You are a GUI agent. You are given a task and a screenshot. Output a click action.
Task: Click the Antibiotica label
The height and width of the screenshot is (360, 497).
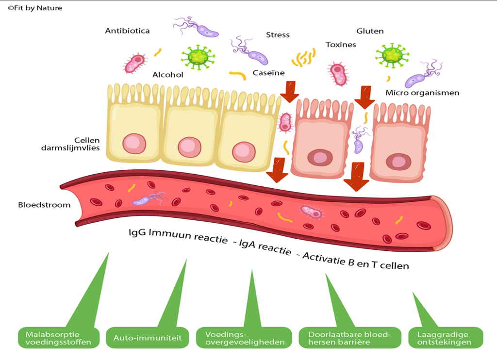[x=127, y=31]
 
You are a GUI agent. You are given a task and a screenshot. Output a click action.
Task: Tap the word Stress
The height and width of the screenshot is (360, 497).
[x=278, y=35]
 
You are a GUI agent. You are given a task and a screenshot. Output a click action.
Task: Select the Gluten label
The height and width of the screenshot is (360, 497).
[x=370, y=31]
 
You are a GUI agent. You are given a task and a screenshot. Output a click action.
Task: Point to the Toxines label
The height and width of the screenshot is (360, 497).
[x=341, y=45]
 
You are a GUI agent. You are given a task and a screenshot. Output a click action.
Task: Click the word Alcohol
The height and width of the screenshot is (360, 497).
[x=167, y=75]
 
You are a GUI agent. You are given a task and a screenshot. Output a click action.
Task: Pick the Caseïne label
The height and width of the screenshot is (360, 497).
[x=268, y=73]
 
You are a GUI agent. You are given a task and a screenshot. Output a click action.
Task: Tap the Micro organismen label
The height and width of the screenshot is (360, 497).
[x=422, y=93]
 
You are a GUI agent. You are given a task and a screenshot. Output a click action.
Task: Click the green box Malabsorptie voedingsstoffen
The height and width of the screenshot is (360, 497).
[x=58, y=338]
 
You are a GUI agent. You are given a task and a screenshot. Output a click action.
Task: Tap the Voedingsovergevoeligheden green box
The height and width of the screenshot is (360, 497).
[x=245, y=338]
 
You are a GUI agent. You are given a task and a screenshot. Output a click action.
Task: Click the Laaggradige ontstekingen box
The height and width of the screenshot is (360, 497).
[x=446, y=338]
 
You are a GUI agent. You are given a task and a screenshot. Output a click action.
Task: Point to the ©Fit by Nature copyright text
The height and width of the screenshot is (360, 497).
[x=35, y=8]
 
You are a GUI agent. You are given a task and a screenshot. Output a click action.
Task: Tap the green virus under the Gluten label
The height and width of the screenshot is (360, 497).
[x=392, y=56]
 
